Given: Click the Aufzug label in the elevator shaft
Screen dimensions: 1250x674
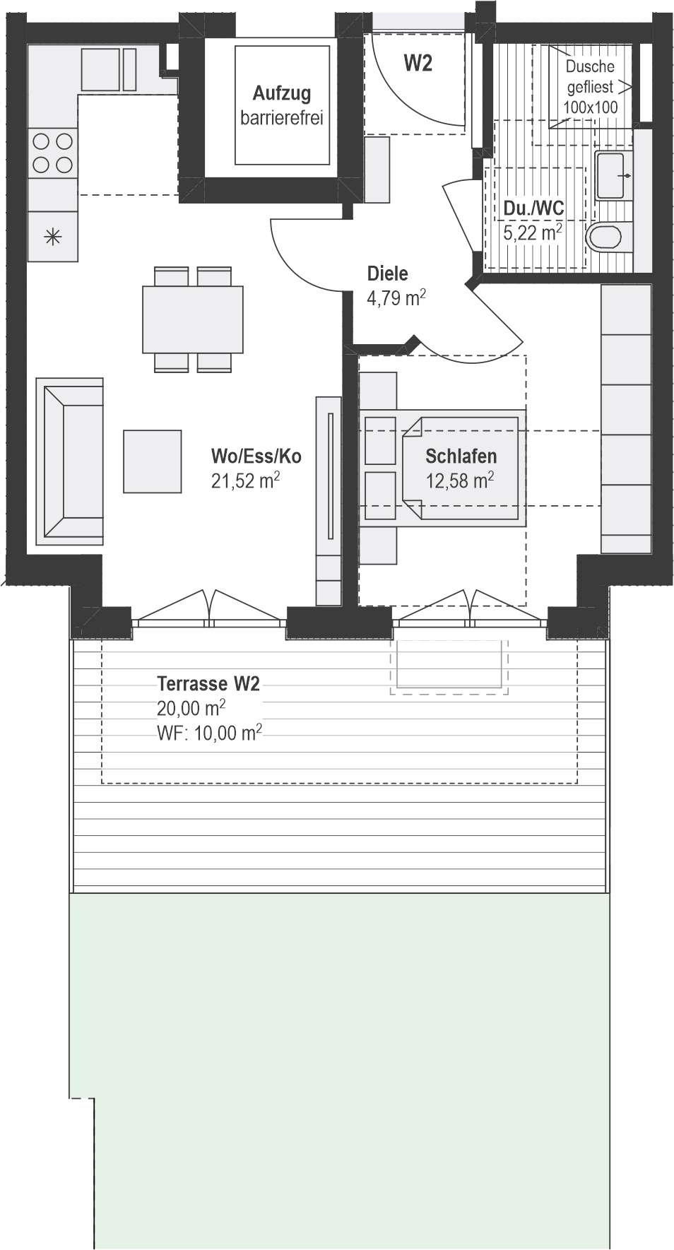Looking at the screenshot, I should coord(282,93).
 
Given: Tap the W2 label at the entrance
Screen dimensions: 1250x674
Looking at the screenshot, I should coord(418,64).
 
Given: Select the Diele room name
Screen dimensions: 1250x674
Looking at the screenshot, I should coord(387,274).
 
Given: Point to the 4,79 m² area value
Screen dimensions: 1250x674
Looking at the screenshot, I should coord(396,297).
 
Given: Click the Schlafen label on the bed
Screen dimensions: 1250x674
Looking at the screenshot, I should coord(461,456).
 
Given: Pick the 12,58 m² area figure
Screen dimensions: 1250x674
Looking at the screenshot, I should coord(459,481).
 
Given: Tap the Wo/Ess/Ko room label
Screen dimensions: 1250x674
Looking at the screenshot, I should coord(256,456).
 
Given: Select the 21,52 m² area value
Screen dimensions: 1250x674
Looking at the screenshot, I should coord(245,481).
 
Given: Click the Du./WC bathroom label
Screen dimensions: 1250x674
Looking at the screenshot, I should coord(533,208).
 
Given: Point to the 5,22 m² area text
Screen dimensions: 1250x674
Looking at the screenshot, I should coord(533,232).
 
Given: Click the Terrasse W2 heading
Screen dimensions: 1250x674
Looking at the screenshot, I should coord(208,683).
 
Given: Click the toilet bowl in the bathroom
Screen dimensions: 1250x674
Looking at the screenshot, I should coord(607,237).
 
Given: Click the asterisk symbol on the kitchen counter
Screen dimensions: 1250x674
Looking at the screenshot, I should coord(53,237).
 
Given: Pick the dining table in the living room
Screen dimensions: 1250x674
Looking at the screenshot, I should coord(193,319).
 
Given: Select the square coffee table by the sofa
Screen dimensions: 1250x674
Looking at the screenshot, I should coord(152,461).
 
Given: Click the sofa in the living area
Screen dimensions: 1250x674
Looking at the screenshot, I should coord(70,461).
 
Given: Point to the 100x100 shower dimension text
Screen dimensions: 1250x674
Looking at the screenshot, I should coord(590,107).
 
